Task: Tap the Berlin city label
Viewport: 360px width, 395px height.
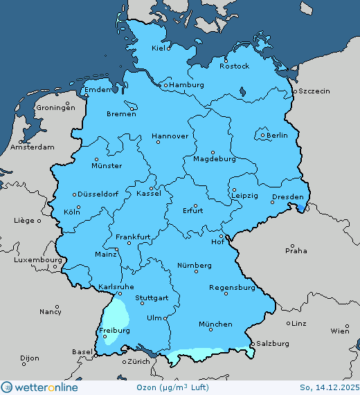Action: point(277,136)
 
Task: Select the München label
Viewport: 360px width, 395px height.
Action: point(215,324)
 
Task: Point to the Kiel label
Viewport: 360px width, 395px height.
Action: point(161,48)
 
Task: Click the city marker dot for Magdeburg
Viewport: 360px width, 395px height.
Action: point(213,152)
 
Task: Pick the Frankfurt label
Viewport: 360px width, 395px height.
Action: point(133,237)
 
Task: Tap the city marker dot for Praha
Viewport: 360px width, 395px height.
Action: point(294,244)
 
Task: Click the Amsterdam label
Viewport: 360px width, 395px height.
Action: point(33,147)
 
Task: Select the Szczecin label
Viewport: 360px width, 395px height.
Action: point(314,91)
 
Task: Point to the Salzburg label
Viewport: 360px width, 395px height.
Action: point(271,343)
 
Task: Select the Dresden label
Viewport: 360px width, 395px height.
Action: point(287,197)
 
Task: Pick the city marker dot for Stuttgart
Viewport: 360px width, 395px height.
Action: point(138,293)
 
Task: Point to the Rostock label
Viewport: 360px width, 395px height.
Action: point(234,66)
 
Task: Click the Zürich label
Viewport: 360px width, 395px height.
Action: point(138,361)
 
